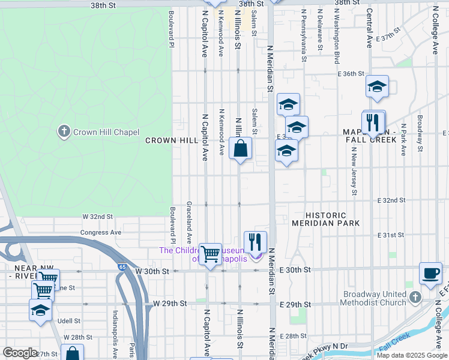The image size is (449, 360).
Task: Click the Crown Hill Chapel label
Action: pos(106,132)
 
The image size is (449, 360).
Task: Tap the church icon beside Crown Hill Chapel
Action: pos(64,131)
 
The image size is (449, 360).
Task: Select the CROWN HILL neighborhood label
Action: pos(172,140)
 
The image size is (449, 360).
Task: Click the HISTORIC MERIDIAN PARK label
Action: pos(326,219)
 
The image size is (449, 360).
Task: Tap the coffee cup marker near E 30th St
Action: pos(430,272)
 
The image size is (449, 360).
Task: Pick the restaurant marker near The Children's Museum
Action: pos(255,242)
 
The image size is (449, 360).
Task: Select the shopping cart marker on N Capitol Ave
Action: pos(210,254)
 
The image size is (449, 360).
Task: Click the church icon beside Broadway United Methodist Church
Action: pos(415,298)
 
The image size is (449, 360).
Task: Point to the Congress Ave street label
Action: pos(101,232)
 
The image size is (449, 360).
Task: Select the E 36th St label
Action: pos(351,74)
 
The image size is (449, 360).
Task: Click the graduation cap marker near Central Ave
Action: pos(377,87)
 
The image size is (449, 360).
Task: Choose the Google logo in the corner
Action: pos(20,353)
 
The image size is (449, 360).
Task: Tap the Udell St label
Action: pos(70,321)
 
